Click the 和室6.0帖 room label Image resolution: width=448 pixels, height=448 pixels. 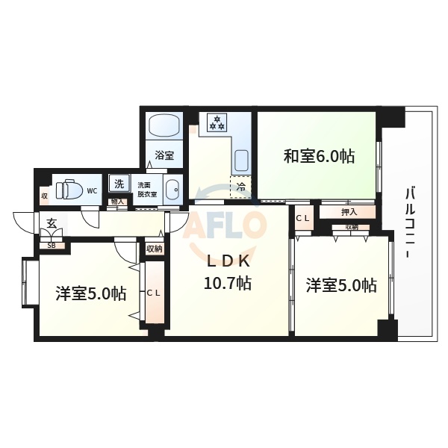[x=318, y=157]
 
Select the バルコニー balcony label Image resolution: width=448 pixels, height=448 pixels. [x=410, y=223]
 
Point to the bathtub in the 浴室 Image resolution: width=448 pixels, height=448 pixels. [x=164, y=125]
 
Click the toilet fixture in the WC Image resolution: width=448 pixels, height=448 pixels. [x=69, y=190]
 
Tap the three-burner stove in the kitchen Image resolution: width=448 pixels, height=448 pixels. [x=217, y=122]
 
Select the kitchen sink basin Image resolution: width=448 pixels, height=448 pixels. [x=241, y=160]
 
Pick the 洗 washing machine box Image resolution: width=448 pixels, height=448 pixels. [x=118, y=184]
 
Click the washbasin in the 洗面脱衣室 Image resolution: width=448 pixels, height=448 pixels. [x=172, y=190]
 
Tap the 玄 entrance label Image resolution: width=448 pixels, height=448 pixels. [x=52, y=223]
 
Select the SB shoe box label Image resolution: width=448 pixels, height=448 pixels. [x=52, y=245]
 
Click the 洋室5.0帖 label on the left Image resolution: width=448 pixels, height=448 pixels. [x=90, y=293]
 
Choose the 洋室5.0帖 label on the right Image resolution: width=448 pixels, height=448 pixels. [x=341, y=284]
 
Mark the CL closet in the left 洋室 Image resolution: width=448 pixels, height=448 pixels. [x=154, y=293]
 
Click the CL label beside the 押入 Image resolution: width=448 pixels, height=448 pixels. [x=303, y=218]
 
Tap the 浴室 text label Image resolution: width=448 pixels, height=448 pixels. [x=164, y=156]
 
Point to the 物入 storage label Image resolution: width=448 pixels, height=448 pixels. [x=117, y=202]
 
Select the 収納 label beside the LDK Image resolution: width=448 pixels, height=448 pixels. [x=154, y=249]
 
